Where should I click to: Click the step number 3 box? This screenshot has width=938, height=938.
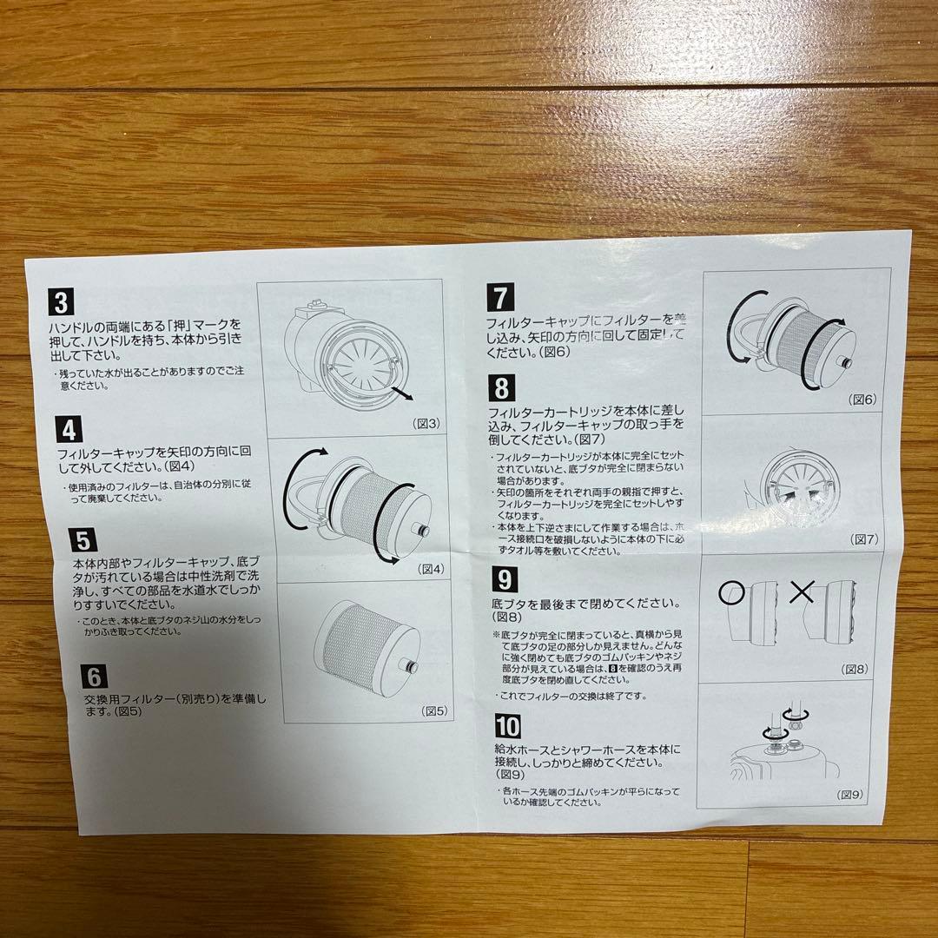[x=62, y=302]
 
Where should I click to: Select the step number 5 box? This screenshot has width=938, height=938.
[x=82, y=541]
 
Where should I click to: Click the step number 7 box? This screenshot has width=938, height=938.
[x=500, y=297]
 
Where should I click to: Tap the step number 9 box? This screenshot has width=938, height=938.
[x=505, y=579]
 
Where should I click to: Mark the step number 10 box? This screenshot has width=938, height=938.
[x=508, y=726]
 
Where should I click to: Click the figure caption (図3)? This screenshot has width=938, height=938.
[x=426, y=424]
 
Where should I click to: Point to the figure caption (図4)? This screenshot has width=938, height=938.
[x=431, y=569]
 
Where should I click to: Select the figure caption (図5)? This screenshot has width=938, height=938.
[x=434, y=710]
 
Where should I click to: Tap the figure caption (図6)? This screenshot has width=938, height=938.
[x=863, y=400]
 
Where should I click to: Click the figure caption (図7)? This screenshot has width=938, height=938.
[x=866, y=539]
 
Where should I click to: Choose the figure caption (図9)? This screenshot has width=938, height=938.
[x=850, y=795]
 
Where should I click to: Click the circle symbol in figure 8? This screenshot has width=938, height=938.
[x=730, y=595]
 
